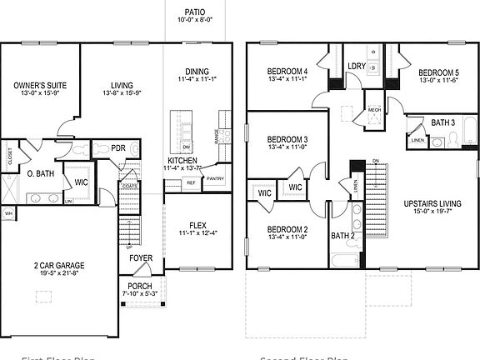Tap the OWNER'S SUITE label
click(40, 85)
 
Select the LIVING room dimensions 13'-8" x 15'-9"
click(123, 95)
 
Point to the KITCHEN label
click(182, 160)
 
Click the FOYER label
click(140, 258)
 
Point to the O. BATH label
click(41, 173)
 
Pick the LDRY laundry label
click(356, 65)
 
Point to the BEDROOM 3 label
click(288, 138)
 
